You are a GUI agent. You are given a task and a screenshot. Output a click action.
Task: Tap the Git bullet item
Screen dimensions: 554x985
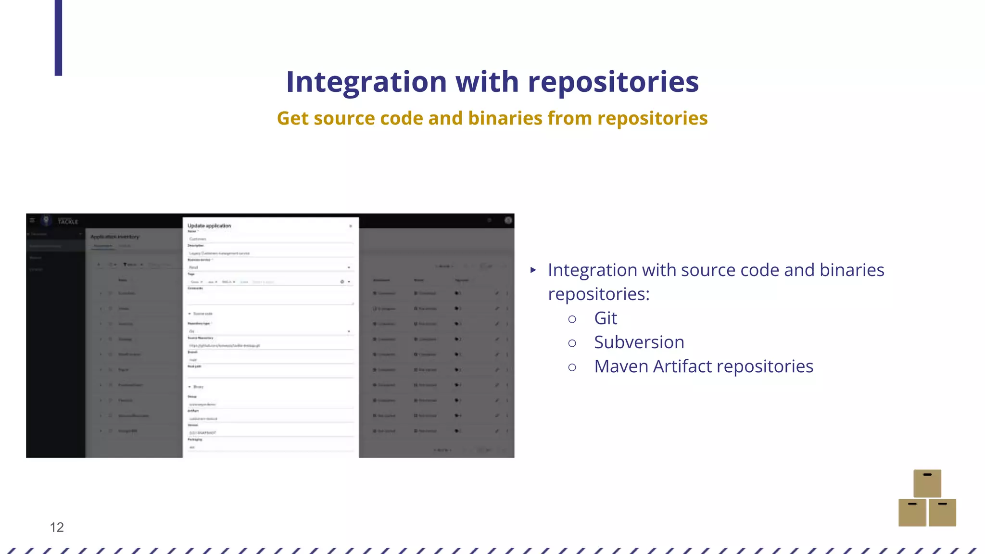pyautogui.click(x=606, y=318)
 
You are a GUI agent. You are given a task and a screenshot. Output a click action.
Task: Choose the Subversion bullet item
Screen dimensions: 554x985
pyautogui.click(x=639, y=342)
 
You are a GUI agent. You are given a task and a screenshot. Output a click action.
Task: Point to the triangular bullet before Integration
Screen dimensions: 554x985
pyautogui.click(x=533, y=270)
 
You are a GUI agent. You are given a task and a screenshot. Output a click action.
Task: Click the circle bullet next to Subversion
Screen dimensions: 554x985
pyautogui.click(x=572, y=343)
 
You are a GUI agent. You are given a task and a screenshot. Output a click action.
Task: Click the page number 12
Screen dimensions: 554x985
pyautogui.click(x=57, y=527)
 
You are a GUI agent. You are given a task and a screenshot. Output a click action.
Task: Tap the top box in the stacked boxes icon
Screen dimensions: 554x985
pyautogui.click(x=927, y=483)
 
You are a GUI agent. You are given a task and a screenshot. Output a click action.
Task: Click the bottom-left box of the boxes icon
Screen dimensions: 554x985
pyautogui.click(x=912, y=513)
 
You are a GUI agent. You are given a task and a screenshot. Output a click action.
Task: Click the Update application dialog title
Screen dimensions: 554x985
pyautogui.click(x=209, y=226)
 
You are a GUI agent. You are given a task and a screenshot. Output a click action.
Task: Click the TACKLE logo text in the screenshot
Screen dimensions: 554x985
pyautogui.click(x=68, y=222)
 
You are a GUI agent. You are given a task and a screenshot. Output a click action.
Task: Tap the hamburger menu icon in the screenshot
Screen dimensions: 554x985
pyautogui.click(x=32, y=220)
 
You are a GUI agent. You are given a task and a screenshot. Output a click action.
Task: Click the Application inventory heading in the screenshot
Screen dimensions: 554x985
pyautogui.click(x=115, y=237)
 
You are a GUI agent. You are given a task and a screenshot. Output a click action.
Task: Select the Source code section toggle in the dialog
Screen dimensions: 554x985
pyautogui.click(x=201, y=314)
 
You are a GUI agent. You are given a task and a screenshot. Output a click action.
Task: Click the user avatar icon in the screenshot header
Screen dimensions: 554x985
pyautogui.click(x=508, y=220)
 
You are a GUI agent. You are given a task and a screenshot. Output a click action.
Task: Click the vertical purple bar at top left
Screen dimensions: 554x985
pyautogui.click(x=58, y=38)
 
